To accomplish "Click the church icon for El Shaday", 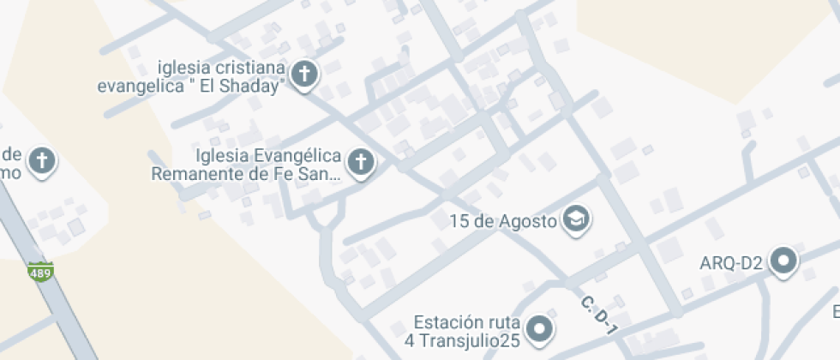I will (304, 74).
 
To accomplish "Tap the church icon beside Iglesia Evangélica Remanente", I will (362, 161).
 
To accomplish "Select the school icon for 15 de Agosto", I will (577, 219).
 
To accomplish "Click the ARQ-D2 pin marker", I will (783, 261).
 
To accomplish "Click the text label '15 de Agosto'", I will (503, 221).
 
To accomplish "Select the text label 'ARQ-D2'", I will (730, 263).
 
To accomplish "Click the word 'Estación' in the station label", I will (444, 323).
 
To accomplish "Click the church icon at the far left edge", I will (40, 159).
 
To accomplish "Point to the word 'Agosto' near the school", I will (529, 221).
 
